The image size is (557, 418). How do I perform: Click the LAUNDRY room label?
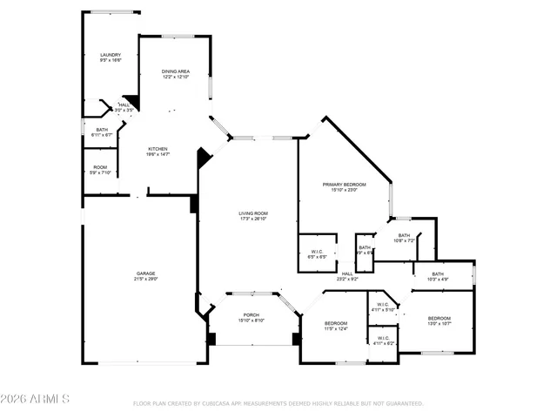click(x=110, y=57)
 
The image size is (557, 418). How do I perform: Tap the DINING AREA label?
click(x=176, y=74)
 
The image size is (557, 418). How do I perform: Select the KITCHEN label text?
click(x=158, y=151)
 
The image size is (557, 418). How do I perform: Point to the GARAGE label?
click(x=145, y=276)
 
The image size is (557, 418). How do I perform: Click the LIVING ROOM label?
click(x=253, y=216)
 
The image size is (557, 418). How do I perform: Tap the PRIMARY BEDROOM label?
click(x=344, y=187)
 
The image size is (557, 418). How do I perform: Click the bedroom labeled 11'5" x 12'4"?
click(x=335, y=326)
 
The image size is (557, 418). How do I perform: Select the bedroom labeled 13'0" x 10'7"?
click(x=439, y=321)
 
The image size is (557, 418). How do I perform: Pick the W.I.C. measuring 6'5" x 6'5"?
click(x=318, y=254)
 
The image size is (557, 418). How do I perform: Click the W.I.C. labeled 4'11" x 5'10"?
click(x=383, y=307)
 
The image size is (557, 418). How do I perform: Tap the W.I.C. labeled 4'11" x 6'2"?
click(x=383, y=341)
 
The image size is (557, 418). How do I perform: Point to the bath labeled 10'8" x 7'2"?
click(x=404, y=238)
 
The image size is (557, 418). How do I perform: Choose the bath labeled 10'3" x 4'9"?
click(x=443, y=277)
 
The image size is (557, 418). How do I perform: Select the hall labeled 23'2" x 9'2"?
click(x=347, y=276)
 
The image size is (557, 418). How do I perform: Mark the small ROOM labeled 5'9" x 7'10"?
click(x=101, y=170)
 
